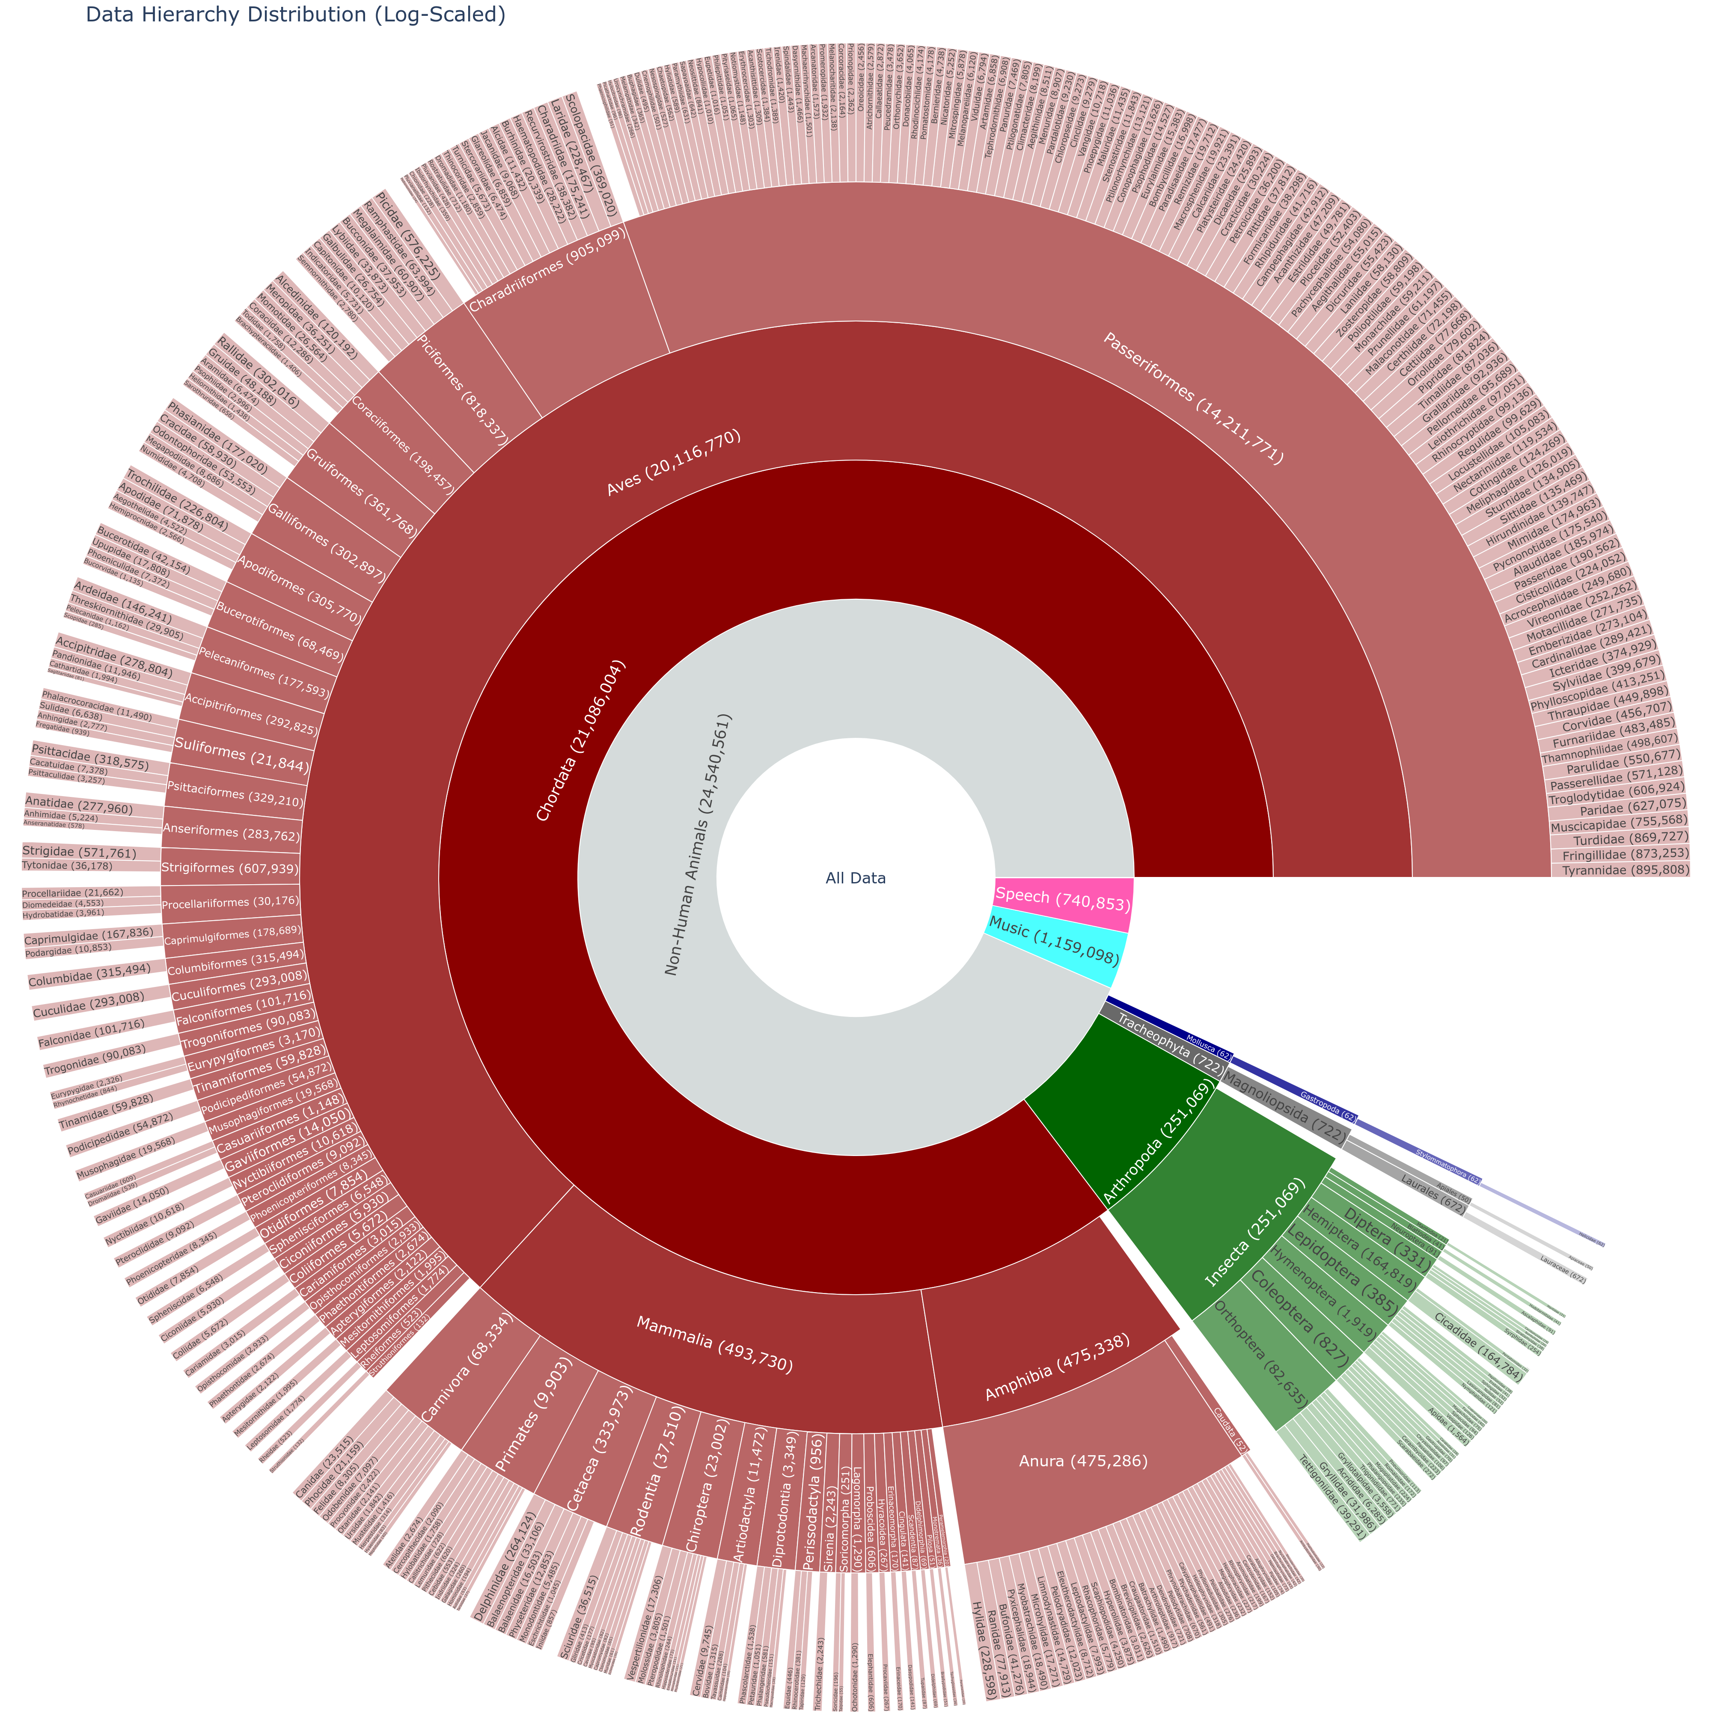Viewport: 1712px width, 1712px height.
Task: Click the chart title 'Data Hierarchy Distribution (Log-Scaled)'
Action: pyautogui.click(x=295, y=15)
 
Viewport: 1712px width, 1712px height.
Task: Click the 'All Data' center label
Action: pyautogui.click(x=855, y=878)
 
